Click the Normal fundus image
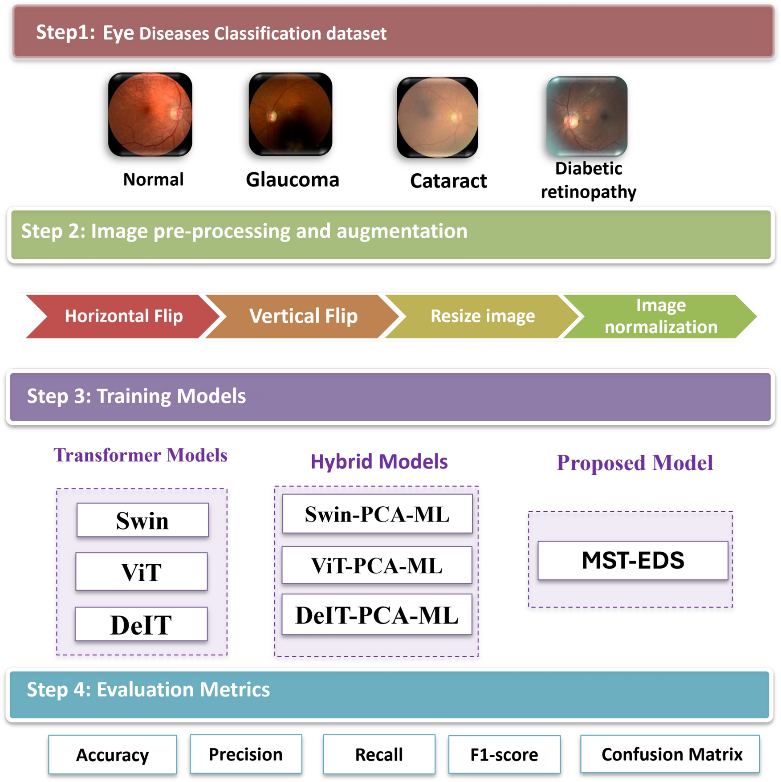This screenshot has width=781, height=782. tap(150, 114)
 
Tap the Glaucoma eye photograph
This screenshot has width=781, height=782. tap(290, 114)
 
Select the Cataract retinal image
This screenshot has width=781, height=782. tap(437, 118)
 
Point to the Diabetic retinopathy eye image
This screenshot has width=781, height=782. tap(587, 116)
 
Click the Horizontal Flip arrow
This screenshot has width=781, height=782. tap(120, 316)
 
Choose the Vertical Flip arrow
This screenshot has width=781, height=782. tap(303, 316)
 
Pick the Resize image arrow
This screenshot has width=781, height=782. tap(482, 316)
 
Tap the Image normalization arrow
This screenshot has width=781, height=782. tap(661, 316)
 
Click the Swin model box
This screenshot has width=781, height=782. tap(142, 520)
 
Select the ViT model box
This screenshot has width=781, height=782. tap(142, 572)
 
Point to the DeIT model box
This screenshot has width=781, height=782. tap(141, 624)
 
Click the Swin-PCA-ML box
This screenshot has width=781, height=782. tap(377, 514)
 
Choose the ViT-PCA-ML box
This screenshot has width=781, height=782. tap(377, 566)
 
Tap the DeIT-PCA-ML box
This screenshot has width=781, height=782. tap(377, 615)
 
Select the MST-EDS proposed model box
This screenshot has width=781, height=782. tap(633, 561)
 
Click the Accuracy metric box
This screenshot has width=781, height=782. tap(113, 755)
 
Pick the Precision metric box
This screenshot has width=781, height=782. tap(246, 754)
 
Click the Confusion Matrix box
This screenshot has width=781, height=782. tap(670, 754)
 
